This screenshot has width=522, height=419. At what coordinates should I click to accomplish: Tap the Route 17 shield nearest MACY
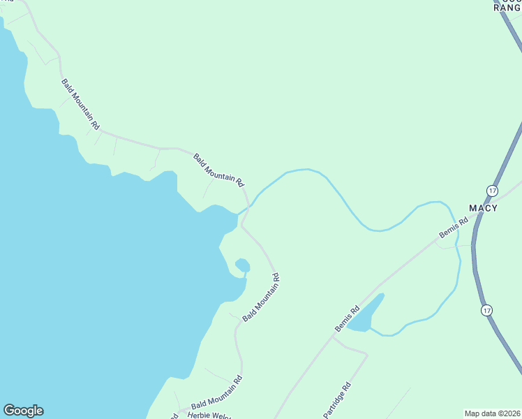(493, 191)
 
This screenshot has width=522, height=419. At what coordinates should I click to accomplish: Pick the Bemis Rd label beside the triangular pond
(347, 318)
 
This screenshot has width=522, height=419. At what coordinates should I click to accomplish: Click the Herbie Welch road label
(209, 415)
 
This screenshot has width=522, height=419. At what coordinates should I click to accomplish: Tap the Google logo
(23, 411)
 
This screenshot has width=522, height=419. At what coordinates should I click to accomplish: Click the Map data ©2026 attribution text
(492, 413)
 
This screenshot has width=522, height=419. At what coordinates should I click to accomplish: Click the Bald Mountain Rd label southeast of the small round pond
(262, 297)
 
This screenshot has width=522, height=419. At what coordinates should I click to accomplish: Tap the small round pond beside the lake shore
(243, 265)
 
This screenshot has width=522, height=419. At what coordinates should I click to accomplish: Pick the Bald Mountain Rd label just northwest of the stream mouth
(218, 170)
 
